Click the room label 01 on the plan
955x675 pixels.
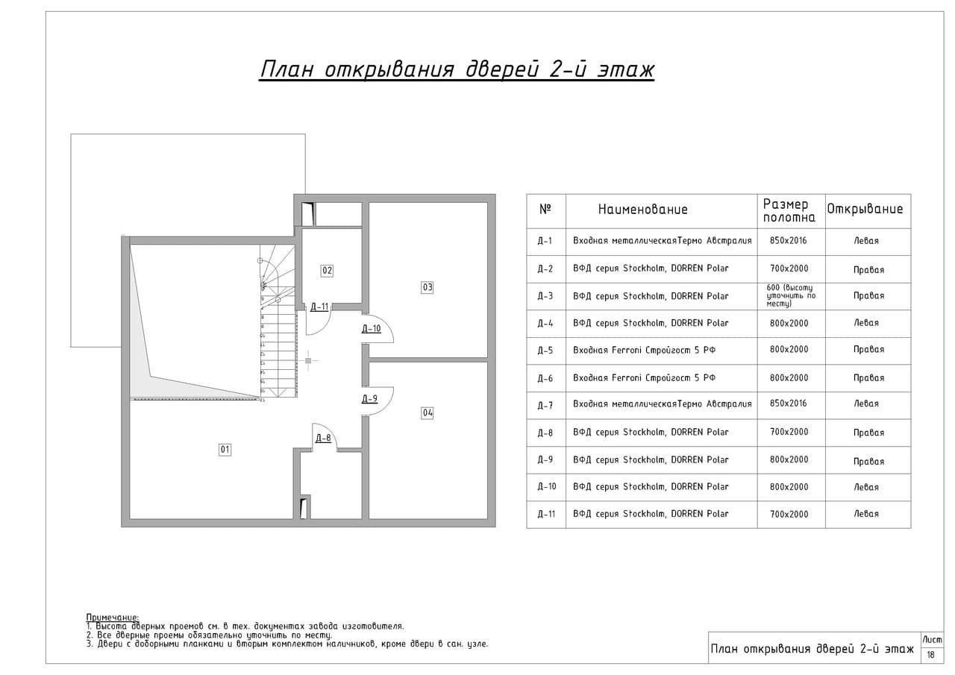click(225, 450)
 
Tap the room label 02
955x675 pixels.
click(327, 271)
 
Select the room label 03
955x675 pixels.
click(428, 287)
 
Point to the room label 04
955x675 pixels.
click(428, 412)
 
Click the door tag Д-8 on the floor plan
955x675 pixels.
click(323, 438)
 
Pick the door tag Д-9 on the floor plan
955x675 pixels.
click(369, 398)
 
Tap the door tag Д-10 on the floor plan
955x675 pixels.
click(372, 329)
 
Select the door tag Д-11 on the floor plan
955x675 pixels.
click(319, 307)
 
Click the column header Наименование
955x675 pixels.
click(643, 210)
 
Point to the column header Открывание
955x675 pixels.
click(865, 209)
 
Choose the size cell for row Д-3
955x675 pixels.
click(791, 296)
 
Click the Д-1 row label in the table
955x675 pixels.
click(545, 241)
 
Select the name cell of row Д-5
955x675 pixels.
click(644, 351)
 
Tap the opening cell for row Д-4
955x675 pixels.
click(866, 323)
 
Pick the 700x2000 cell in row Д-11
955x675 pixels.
click(789, 514)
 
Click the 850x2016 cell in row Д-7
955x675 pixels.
click(789, 403)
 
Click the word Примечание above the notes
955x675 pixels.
click(113, 618)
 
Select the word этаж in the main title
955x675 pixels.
click(625, 69)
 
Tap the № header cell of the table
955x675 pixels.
click(545, 209)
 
